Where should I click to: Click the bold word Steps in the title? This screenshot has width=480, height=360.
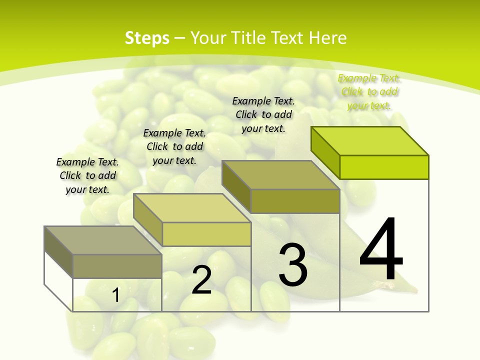click(147, 38)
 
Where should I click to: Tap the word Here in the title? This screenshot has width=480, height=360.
click(328, 38)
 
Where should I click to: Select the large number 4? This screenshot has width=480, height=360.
click(381, 250)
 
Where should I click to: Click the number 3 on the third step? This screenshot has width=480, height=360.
click(293, 265)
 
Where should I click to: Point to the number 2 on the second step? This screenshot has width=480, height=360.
click(201, 280)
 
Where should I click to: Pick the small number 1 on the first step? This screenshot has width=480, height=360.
click(115, 295)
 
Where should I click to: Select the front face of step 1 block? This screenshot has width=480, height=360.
click(117, 266)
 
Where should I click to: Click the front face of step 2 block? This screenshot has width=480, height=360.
click(206, 234)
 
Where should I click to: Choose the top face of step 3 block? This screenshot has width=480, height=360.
click(280, 175)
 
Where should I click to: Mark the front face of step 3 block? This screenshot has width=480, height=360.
click(295, 201)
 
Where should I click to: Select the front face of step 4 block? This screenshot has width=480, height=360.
click(384, 167)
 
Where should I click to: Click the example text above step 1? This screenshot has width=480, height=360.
click(87, 175)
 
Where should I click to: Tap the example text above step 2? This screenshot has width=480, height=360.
click(174, 146)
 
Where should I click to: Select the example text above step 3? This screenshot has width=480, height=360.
click(263, 114)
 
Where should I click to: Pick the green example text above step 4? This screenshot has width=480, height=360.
click(369, 91)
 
